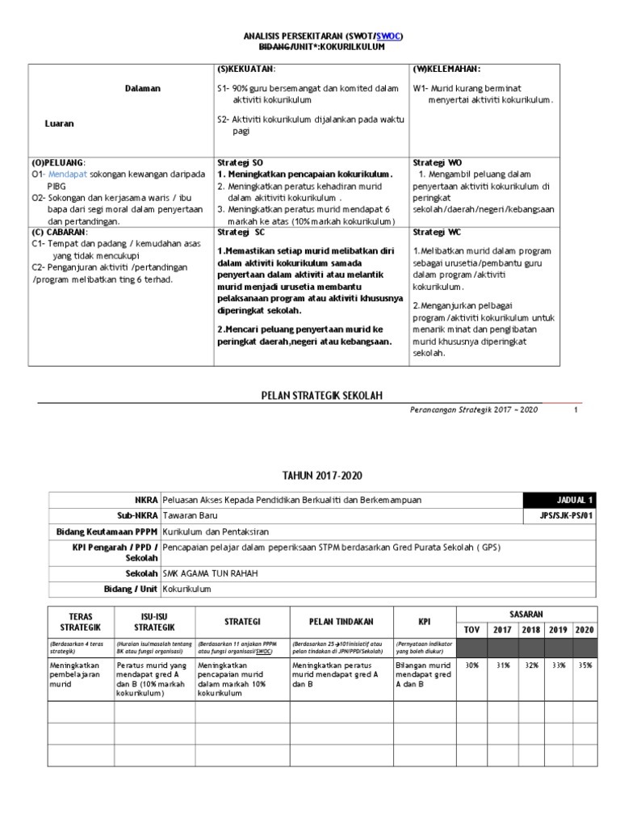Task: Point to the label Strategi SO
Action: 240,162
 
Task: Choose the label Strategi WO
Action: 437,162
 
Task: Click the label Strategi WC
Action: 436,230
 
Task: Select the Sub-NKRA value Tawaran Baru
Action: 190,516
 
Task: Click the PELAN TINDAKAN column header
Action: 340,622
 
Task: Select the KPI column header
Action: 423,622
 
